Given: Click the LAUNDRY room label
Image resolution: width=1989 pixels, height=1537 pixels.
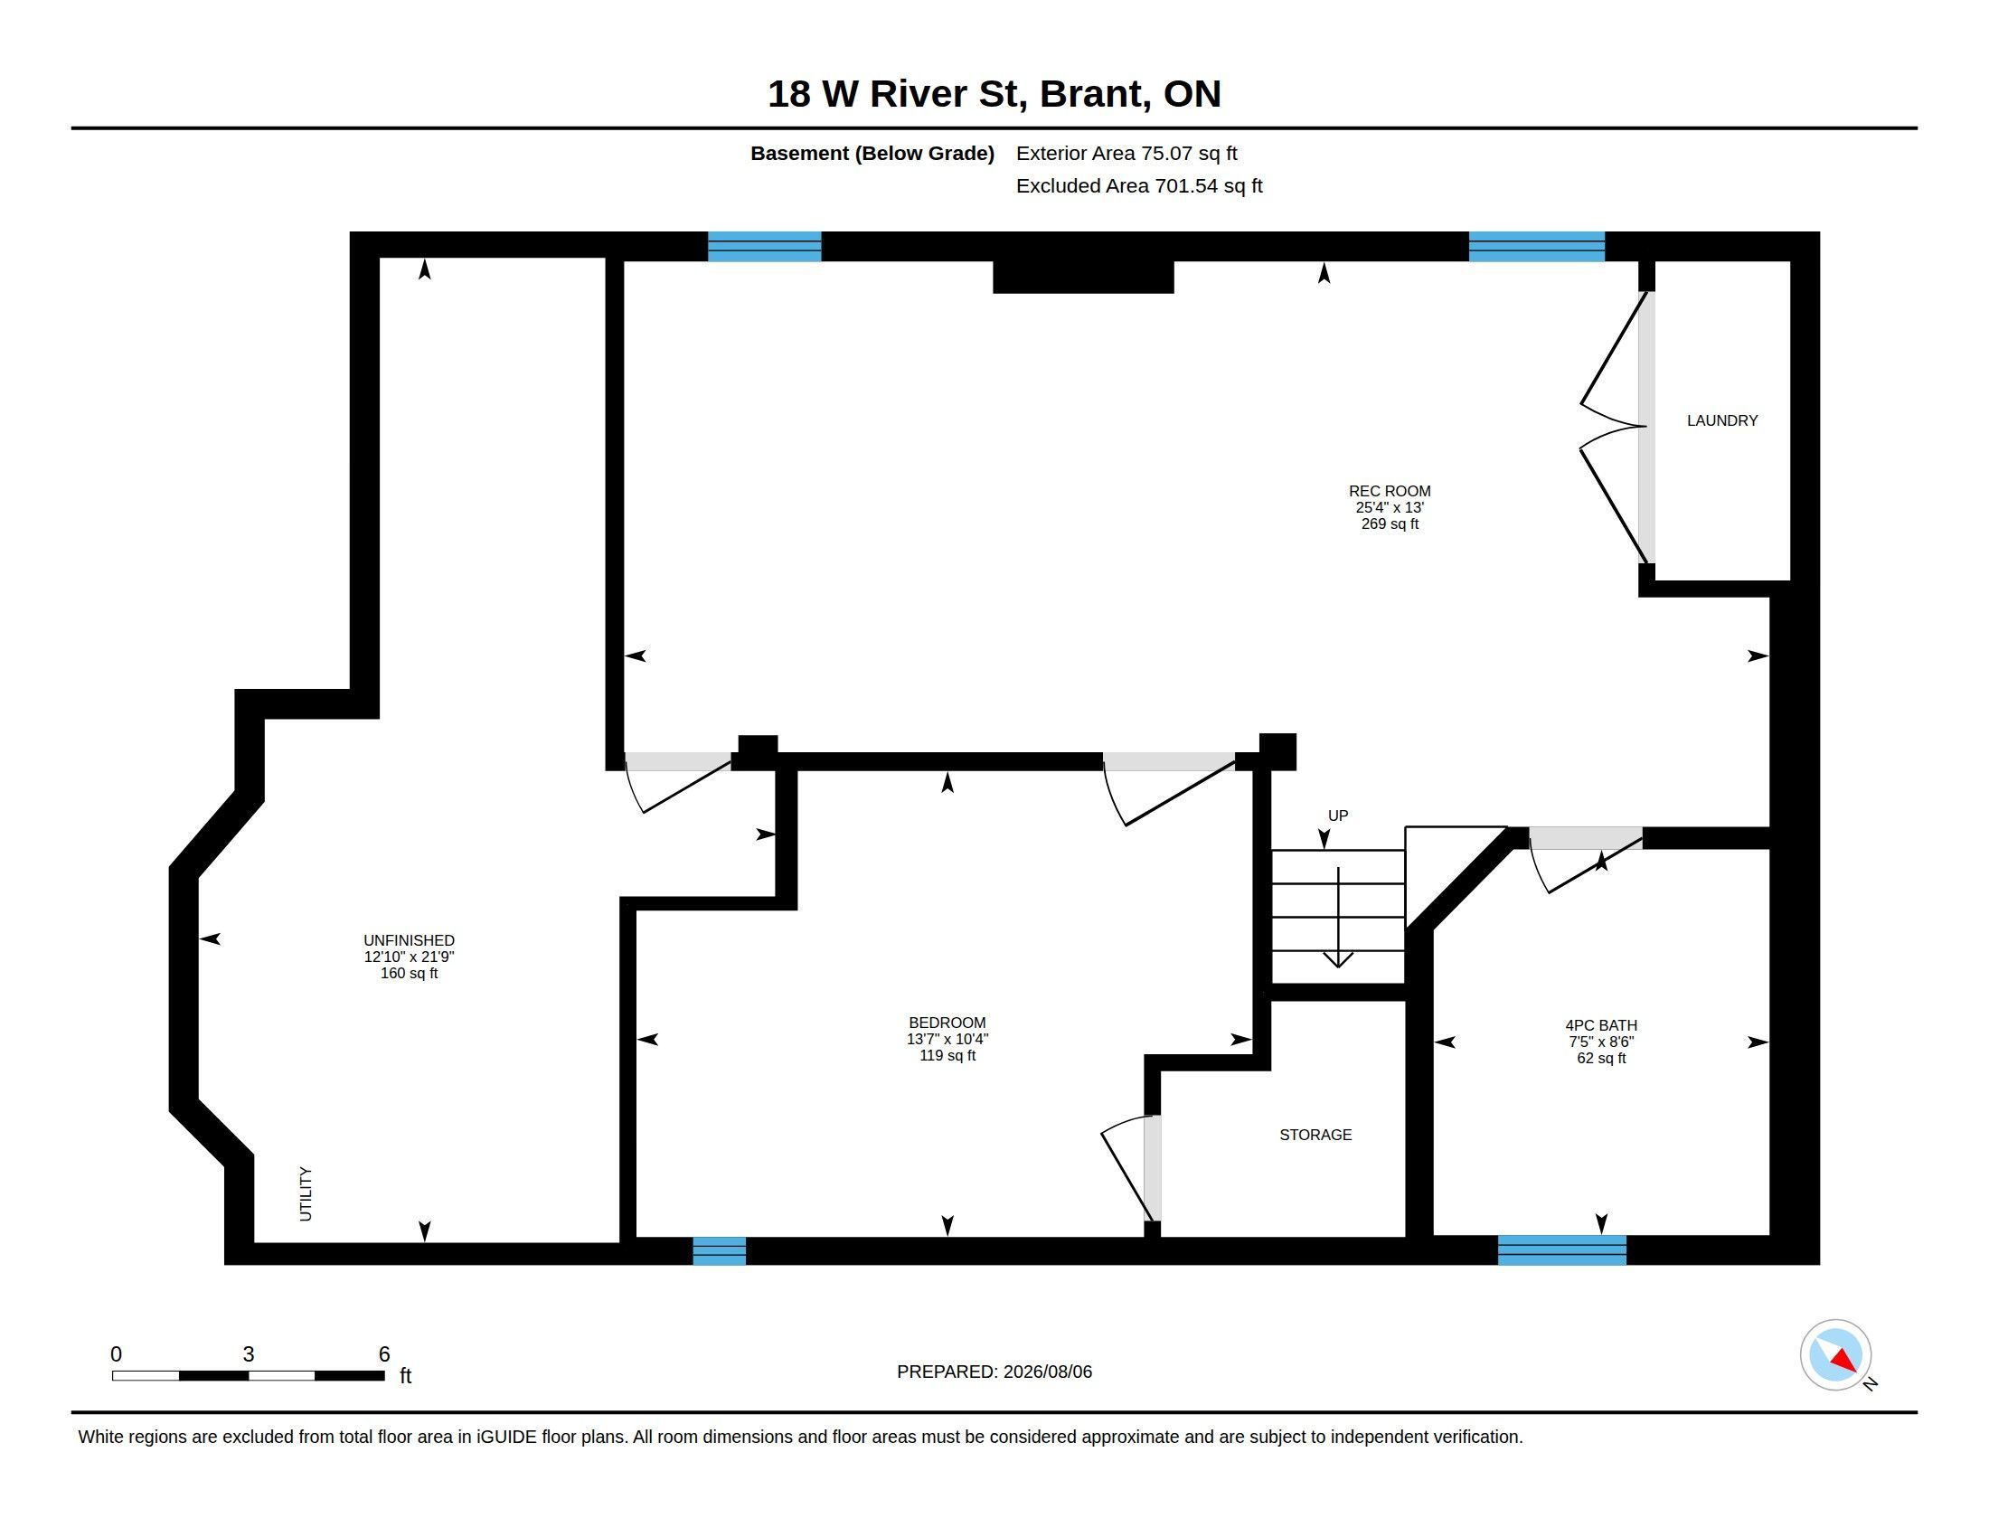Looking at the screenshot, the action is click(1721, 420).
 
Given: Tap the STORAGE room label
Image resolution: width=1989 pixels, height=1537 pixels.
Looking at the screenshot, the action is click(1315, 1135).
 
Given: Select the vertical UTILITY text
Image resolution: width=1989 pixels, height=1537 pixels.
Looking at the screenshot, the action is click(306, 1193).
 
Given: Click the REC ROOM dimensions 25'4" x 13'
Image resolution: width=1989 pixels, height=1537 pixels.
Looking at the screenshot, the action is click(1389, 507).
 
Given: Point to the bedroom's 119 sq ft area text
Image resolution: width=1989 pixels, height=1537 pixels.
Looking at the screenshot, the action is click(947, 1055).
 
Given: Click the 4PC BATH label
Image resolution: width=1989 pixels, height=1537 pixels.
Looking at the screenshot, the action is click(1601, 1025).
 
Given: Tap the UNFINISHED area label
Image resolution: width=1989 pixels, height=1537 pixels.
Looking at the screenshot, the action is click(409, 940).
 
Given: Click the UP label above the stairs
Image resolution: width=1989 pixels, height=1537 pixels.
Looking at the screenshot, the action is click(1338, 816).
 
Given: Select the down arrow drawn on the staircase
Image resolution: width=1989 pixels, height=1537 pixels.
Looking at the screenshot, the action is click(1338, 917).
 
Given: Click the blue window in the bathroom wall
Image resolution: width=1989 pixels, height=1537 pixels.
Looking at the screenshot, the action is click(1562, 1250).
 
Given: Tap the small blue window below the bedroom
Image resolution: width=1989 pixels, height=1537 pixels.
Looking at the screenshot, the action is click(720, 1251).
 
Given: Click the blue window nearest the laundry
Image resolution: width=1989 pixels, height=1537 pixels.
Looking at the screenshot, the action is click(1536, 247).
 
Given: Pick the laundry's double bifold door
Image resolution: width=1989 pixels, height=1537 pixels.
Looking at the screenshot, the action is click(1614, 427).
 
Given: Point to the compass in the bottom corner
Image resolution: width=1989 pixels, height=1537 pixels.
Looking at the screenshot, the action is click(1835, 1355).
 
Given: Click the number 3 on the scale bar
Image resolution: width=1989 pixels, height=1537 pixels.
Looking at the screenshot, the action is click(249, 1354).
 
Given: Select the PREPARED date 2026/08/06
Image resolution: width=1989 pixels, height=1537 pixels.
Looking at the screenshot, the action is click(1047, 1372).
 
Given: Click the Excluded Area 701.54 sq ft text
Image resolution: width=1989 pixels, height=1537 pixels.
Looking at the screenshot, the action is click(1139, 185).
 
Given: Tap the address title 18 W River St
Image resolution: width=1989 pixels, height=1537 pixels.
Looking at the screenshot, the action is click(898, 94).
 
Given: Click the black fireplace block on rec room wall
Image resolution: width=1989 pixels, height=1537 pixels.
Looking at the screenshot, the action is click(1083, 277).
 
